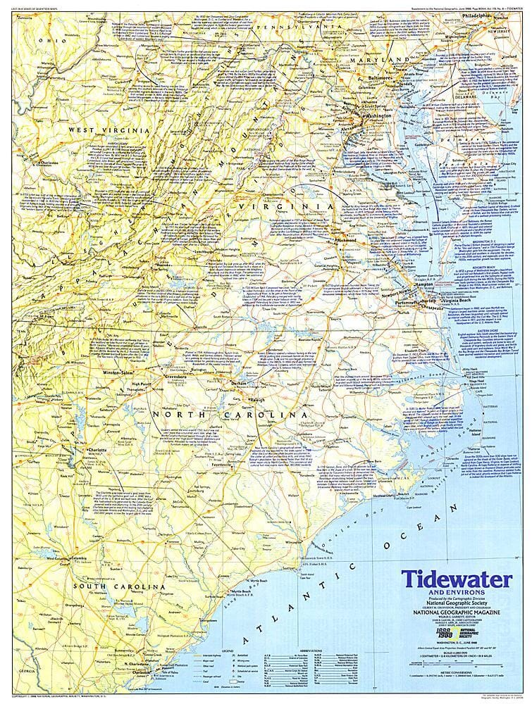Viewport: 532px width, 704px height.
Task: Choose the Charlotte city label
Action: click(95, 448)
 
